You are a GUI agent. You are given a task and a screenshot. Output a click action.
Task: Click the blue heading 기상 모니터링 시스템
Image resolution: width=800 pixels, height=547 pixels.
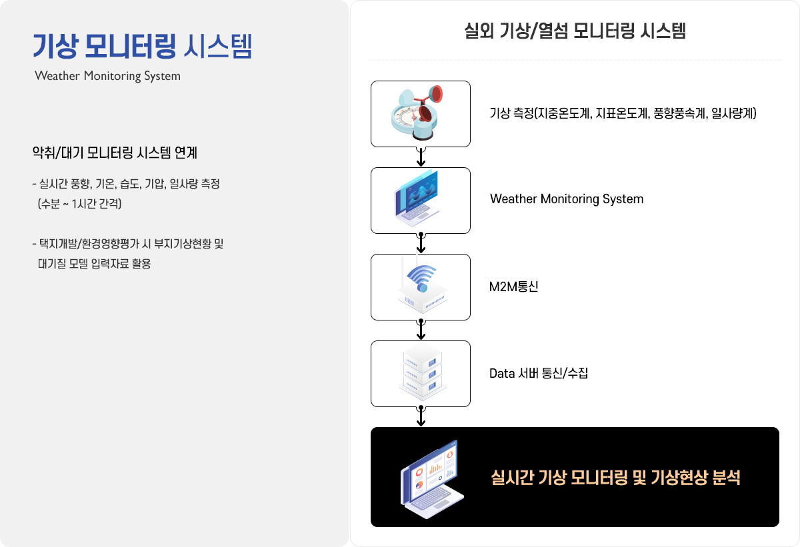[x=143, y=46]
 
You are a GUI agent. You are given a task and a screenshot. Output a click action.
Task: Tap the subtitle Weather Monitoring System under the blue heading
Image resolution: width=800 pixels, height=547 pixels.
[x=107, y=76]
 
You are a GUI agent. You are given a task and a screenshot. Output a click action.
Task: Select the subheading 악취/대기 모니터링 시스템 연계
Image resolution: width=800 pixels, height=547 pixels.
[x=115, y=153]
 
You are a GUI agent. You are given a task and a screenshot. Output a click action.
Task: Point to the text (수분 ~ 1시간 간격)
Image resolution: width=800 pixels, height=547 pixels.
[x=79, y=203]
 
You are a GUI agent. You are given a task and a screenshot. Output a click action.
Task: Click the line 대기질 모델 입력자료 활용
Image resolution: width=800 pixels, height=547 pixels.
[x=94, y=263]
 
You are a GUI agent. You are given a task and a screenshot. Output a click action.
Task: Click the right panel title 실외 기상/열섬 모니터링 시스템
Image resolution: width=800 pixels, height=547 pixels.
[x=575, y=31]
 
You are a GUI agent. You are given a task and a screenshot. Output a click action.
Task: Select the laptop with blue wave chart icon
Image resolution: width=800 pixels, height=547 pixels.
[x=417, y=198]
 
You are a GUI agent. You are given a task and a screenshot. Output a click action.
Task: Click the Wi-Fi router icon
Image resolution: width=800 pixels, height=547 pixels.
[x=422, y=284]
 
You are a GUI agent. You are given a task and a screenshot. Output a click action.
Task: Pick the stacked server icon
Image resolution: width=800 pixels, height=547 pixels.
[x=422, y=372]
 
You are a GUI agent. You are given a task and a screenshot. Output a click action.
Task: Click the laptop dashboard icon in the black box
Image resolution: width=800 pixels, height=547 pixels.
[x=432, y=479]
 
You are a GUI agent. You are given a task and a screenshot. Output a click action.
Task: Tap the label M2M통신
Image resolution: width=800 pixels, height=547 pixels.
[x=513, y=286]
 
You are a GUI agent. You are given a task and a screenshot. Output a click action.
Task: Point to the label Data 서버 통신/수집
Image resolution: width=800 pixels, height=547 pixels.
[x=539, y=373]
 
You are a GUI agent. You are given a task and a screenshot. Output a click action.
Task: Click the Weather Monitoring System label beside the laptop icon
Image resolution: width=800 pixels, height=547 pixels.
[x=567, y=199]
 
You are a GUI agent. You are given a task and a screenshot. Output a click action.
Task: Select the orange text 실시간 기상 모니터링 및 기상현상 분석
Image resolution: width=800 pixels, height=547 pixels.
[x=616, y=478]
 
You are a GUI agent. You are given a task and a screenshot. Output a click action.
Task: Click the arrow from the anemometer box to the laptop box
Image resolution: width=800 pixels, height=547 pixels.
[x=421, y=157]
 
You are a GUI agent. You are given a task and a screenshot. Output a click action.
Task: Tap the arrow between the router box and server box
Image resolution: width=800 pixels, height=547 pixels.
[x=421, y=330]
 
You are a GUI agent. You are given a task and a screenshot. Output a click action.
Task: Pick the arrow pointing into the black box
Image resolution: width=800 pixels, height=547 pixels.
[x=421, y=416]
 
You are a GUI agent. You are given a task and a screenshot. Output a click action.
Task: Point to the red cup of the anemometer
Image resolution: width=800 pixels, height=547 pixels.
[x=435, y=94]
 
